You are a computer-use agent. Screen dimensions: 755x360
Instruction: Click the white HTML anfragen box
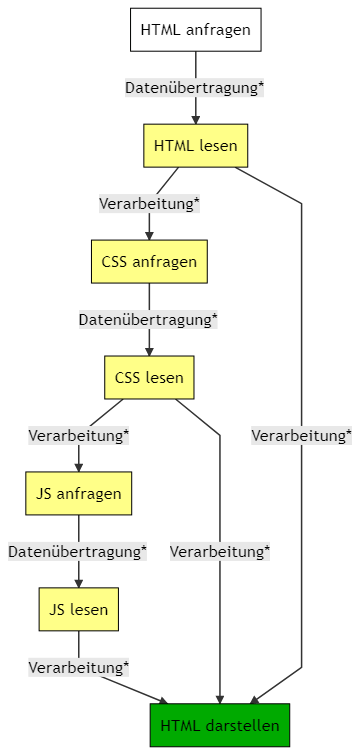click(196, 30)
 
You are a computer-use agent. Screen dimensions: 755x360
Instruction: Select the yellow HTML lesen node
click(196, 146)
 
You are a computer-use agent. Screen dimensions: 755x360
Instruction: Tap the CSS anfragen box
click(149, 262)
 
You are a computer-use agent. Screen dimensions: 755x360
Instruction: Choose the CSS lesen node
click(149, 378)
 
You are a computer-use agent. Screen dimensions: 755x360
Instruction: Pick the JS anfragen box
click(78, 493)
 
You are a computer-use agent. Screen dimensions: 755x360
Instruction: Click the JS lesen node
click(78, 609)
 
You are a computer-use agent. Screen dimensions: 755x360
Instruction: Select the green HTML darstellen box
click(220, 725)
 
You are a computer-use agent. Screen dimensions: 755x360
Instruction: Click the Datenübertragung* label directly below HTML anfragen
click(194, 88)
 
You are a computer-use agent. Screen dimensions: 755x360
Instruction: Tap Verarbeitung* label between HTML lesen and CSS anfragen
click(149, 204)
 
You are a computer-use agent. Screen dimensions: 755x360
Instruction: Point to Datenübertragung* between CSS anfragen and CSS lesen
click(148, 320)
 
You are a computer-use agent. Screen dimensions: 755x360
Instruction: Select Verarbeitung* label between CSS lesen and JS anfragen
click(78, 436)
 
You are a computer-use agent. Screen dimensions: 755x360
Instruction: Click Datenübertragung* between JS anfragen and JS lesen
click(78, 551)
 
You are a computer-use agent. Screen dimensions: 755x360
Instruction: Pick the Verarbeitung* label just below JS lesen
click(78, 667)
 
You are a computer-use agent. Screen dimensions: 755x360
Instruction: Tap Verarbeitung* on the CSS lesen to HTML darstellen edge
click(220, 551)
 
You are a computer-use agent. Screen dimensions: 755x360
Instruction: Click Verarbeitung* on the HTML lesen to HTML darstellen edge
click(301, 436)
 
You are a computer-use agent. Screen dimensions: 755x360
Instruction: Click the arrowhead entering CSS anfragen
click(149, 235)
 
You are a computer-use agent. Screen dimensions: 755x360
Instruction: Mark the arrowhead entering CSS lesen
click(149, 351)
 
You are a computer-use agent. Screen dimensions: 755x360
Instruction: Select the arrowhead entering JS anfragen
click(78, 467)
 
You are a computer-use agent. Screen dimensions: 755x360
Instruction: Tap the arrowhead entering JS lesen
click(78, 583)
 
